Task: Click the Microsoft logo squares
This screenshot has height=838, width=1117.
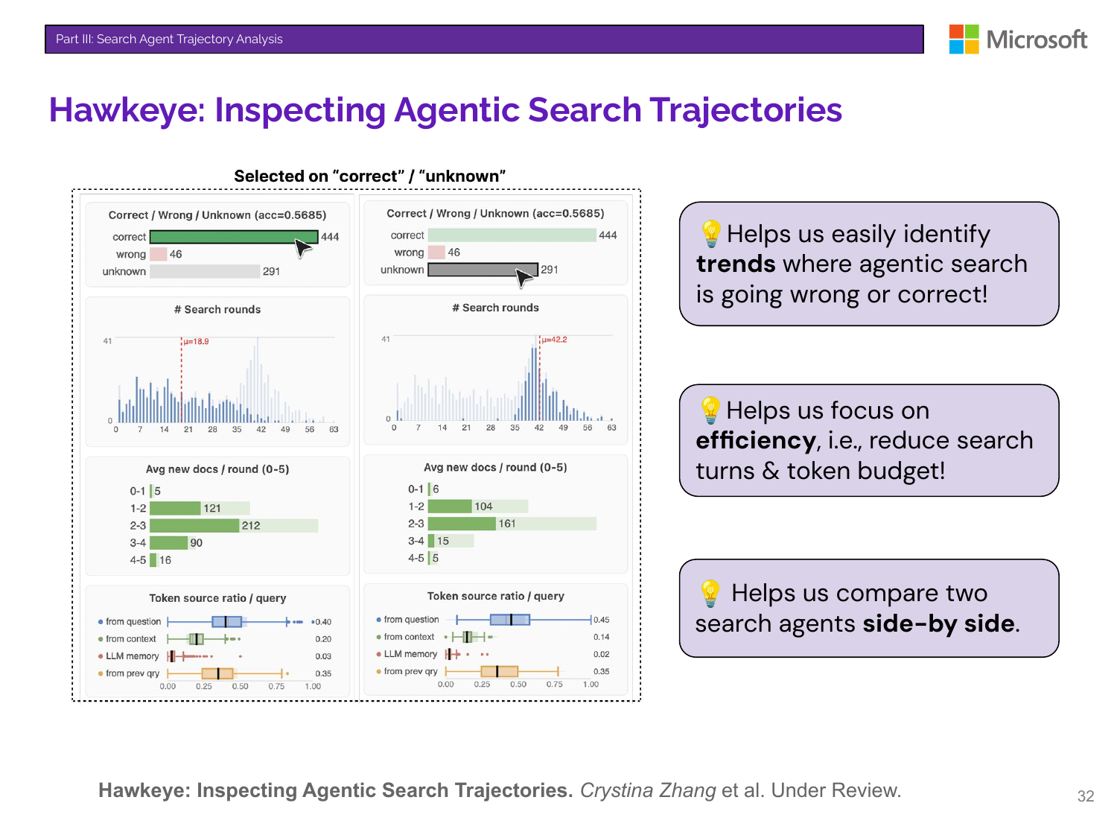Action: coord(964,39)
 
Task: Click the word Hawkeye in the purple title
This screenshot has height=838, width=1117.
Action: coord(126,110)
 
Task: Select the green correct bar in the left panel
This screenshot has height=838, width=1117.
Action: coord(234,237)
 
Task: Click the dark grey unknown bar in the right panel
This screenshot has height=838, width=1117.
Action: coord(483,269)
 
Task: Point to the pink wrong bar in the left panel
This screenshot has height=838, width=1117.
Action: coord(159,254)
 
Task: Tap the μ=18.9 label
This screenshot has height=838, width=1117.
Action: coord(196,341)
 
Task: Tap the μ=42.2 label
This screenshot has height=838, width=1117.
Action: coord(554,340)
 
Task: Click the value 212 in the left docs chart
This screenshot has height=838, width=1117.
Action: coord(251,526)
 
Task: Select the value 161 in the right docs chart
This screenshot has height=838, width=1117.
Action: coord(507,524)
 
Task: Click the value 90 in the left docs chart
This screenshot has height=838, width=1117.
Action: coord(196,543)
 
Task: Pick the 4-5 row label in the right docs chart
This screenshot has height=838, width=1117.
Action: coord(416,558)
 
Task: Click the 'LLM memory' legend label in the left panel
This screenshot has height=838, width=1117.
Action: coord(133,656)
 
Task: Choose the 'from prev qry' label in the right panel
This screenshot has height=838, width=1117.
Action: coord(410,671)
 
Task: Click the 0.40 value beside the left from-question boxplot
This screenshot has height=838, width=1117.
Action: coord(323,622)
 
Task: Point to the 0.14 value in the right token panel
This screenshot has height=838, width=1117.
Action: coord(601,637)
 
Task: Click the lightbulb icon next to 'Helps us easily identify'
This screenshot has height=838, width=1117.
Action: coord(711,233)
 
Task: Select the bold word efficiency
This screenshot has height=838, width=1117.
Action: coord(755,440)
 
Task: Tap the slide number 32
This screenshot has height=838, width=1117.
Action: coord(1085,796)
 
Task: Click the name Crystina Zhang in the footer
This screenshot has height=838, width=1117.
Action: coord(648,790)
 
